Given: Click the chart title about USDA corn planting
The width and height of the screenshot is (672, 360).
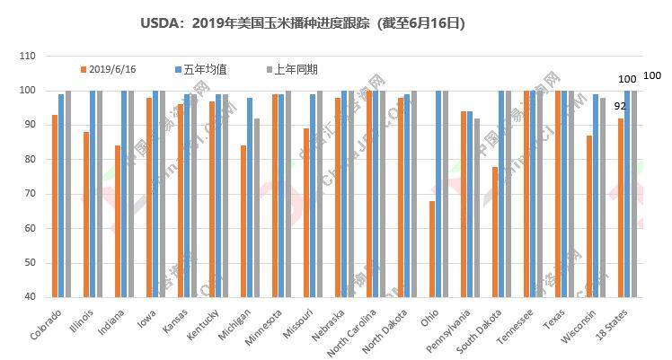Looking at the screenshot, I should pyautogui.click(x=303, y=21).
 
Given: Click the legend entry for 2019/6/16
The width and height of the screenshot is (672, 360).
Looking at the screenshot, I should pyautogui.click(x=110, y=68).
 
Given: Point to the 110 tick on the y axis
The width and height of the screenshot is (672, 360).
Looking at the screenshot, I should pyautogui.click(x=27, y=57).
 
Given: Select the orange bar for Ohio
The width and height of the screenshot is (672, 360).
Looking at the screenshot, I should pyautogui.click(x=432, y=249).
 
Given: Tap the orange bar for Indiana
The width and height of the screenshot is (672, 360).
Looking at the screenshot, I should pyautogui.click(x=117, y=221).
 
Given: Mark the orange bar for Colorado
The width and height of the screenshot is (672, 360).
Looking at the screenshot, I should pyautogui.click(x=55, y=206).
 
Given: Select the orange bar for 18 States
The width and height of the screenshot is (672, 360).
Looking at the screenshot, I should pyautogui.click(x=621, y=207).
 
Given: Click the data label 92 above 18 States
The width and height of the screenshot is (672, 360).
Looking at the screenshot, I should pyautogui.click(x=620, y=106).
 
